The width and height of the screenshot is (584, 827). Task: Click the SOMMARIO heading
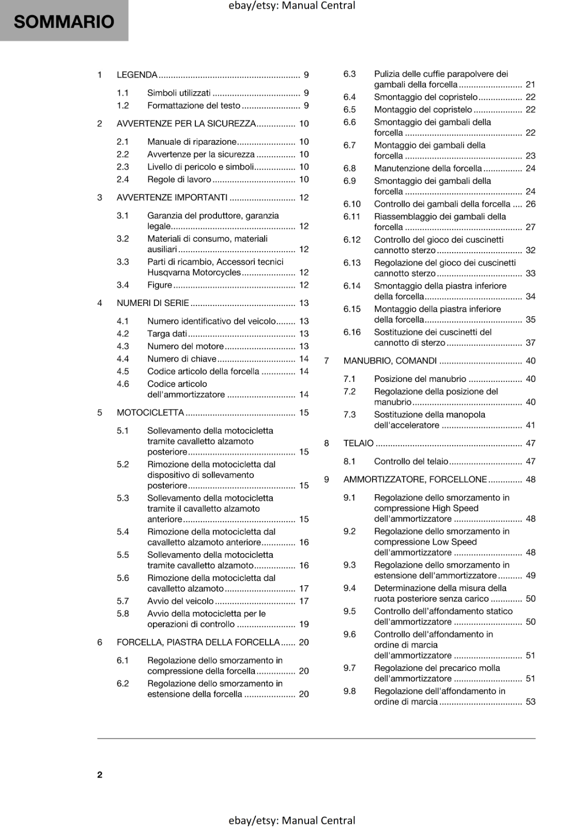tap(64, 22)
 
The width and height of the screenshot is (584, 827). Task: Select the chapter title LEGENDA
tap(137, 75)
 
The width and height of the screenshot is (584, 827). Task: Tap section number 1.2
tap(122, 105)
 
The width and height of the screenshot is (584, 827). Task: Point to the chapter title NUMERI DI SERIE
tap(153, 303)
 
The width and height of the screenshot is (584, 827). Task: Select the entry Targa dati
tap(167, 334)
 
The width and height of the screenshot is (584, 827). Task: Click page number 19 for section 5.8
tap(304, 624)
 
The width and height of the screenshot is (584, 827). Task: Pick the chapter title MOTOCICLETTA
tap(150, 412)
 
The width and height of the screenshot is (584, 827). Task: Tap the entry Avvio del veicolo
tap(180, 601)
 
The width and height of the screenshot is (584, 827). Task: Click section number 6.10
tap(352, 204)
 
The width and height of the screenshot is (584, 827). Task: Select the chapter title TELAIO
tap(358, 443)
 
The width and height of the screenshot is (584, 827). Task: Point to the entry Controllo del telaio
tap(411, 462)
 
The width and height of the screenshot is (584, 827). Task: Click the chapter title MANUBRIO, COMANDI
tap(390, 361)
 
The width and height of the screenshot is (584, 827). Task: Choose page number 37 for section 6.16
tap(531, 343)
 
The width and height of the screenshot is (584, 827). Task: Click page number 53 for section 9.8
tap(531, 702)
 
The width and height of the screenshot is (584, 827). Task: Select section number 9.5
tap(349, 611)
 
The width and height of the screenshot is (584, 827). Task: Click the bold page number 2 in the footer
tap(100, 774)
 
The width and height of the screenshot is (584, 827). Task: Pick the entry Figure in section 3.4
tap(160, 285)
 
